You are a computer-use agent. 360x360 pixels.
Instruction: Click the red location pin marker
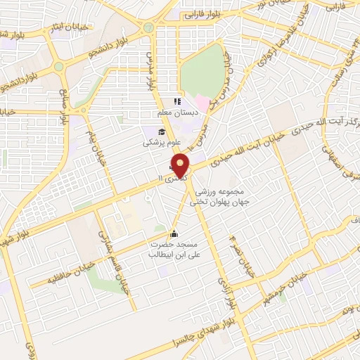click(181, 165)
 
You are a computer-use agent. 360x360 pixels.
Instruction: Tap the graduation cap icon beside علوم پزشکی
click(161, 131)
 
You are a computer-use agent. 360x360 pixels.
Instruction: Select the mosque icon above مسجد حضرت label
click(174, 234)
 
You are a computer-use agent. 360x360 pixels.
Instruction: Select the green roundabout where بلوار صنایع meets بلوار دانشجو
click(59, 67)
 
